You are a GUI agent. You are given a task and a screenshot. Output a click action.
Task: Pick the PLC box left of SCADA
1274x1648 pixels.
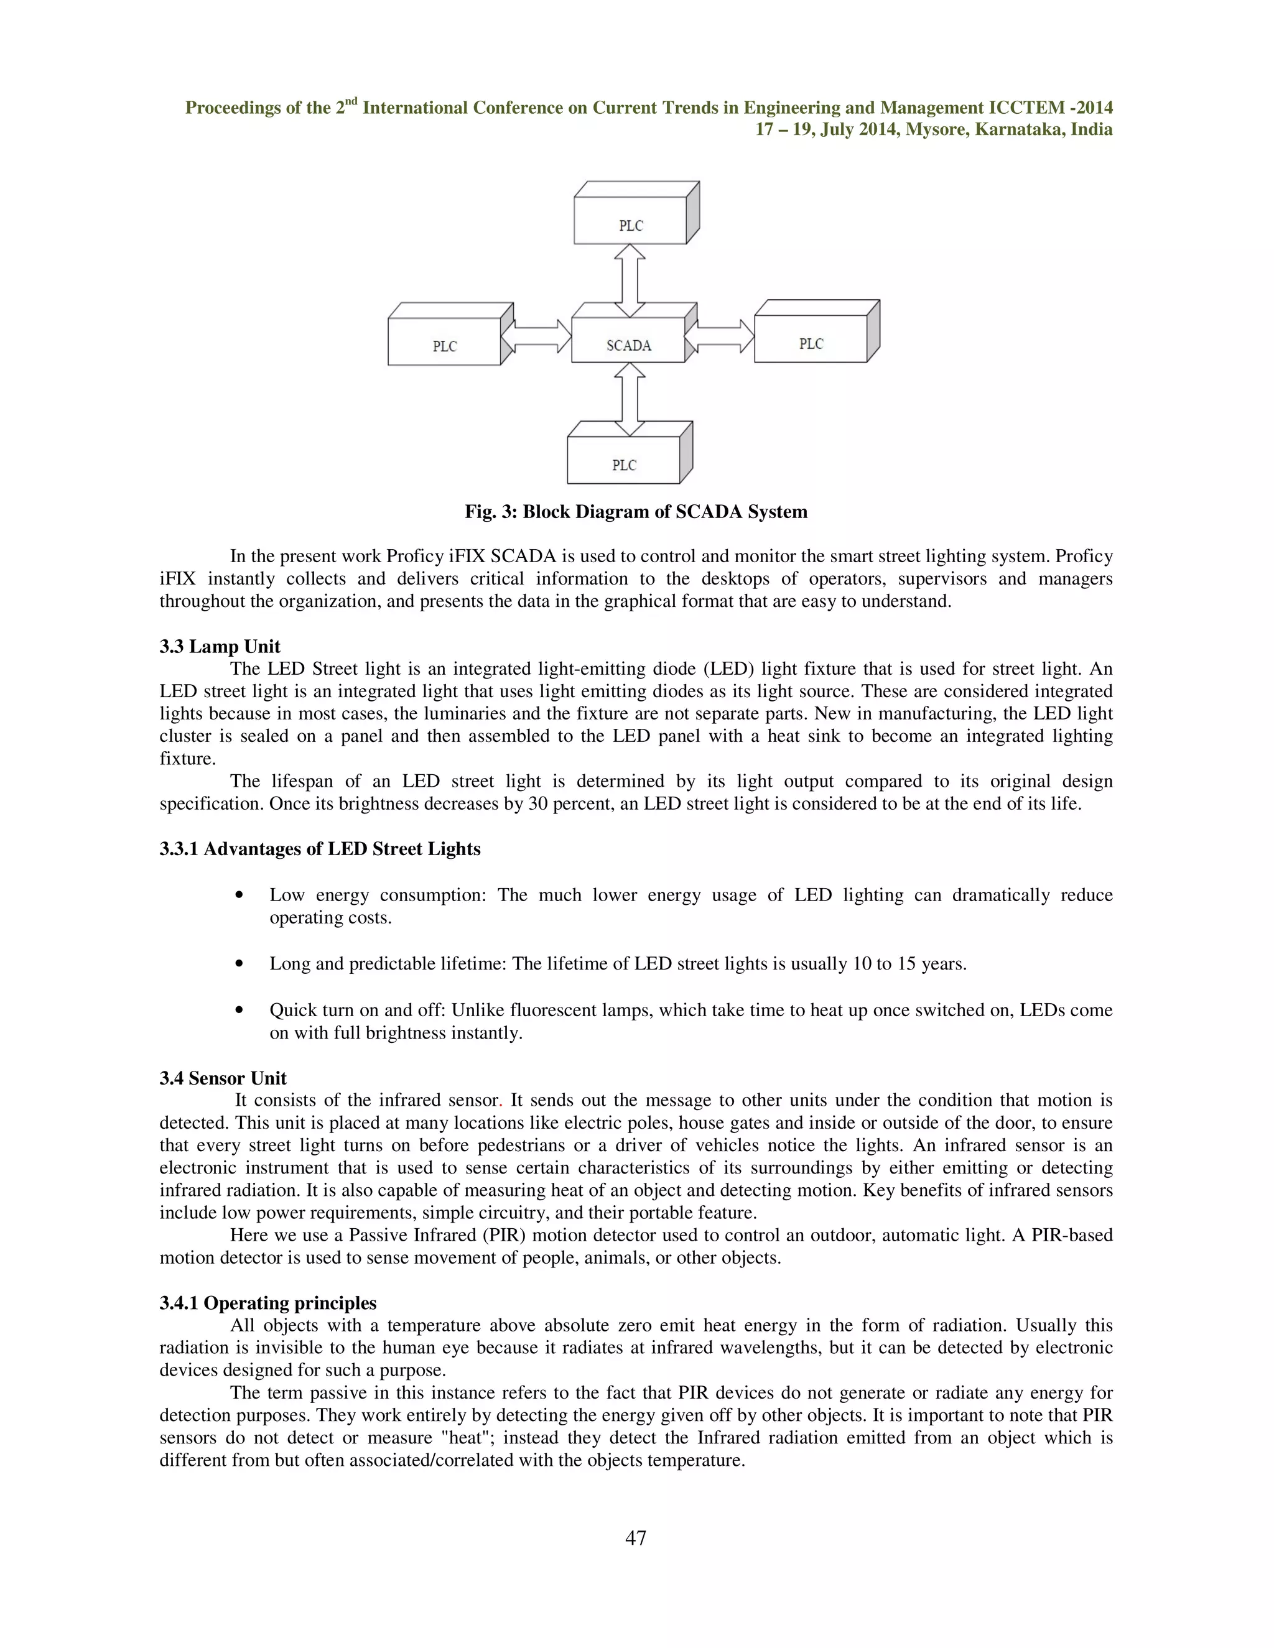(x=445, y=345)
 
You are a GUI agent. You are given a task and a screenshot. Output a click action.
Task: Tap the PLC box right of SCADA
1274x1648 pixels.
(x=811, y=343)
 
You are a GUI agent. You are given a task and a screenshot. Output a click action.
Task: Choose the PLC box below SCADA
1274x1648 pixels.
(x=624, y=464)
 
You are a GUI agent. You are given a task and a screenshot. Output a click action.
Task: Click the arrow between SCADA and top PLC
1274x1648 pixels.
(x=630, y=280)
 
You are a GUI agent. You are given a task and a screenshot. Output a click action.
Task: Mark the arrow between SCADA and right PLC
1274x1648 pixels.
(x=721, y=336)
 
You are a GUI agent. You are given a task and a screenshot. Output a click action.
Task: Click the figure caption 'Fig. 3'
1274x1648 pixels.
(x=636, y=512)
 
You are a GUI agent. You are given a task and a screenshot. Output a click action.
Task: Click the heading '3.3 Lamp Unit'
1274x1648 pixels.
(x=220, y=647)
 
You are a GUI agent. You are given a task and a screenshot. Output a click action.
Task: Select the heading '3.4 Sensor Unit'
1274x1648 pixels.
(x=223, y=1078)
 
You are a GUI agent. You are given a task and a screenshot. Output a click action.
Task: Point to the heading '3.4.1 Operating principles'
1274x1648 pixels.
(x=268, y=1303)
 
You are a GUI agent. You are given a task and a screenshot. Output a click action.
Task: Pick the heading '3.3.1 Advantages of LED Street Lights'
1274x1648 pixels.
(x=320, y=849)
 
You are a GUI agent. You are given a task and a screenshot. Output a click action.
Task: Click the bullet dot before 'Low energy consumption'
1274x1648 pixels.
(x=239, y=896)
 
